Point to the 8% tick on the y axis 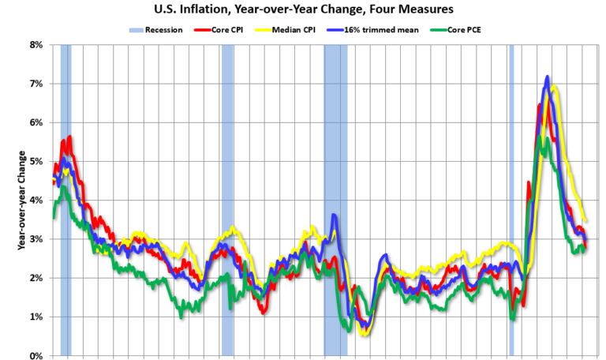point(35,45)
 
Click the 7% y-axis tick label point(35,84)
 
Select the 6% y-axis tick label point(35,122)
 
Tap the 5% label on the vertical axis point(35,161)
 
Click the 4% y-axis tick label point(35,200)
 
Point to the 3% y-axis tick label point(35,238)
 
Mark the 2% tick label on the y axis point(35,278)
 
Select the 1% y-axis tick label point(35,317)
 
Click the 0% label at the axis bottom point(35,355)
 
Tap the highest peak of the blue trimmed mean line point(547,77)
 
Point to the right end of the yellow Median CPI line point(585,221)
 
